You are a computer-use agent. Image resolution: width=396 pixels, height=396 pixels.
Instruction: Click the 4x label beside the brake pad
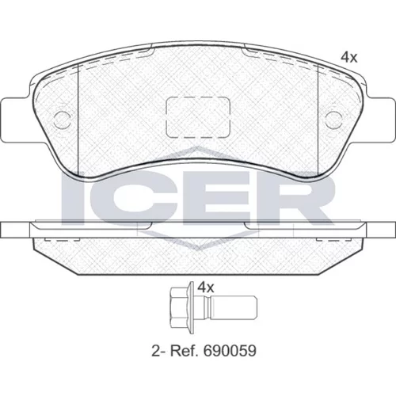[349, 57]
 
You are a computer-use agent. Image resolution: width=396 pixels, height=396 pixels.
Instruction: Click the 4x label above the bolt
[205, 287]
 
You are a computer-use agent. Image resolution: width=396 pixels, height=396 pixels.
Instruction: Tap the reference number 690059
[229, 351]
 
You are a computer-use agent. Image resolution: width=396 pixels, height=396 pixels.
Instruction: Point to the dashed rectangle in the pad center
[198, 117]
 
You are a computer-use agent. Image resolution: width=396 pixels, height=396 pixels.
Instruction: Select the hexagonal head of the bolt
[178, 307]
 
